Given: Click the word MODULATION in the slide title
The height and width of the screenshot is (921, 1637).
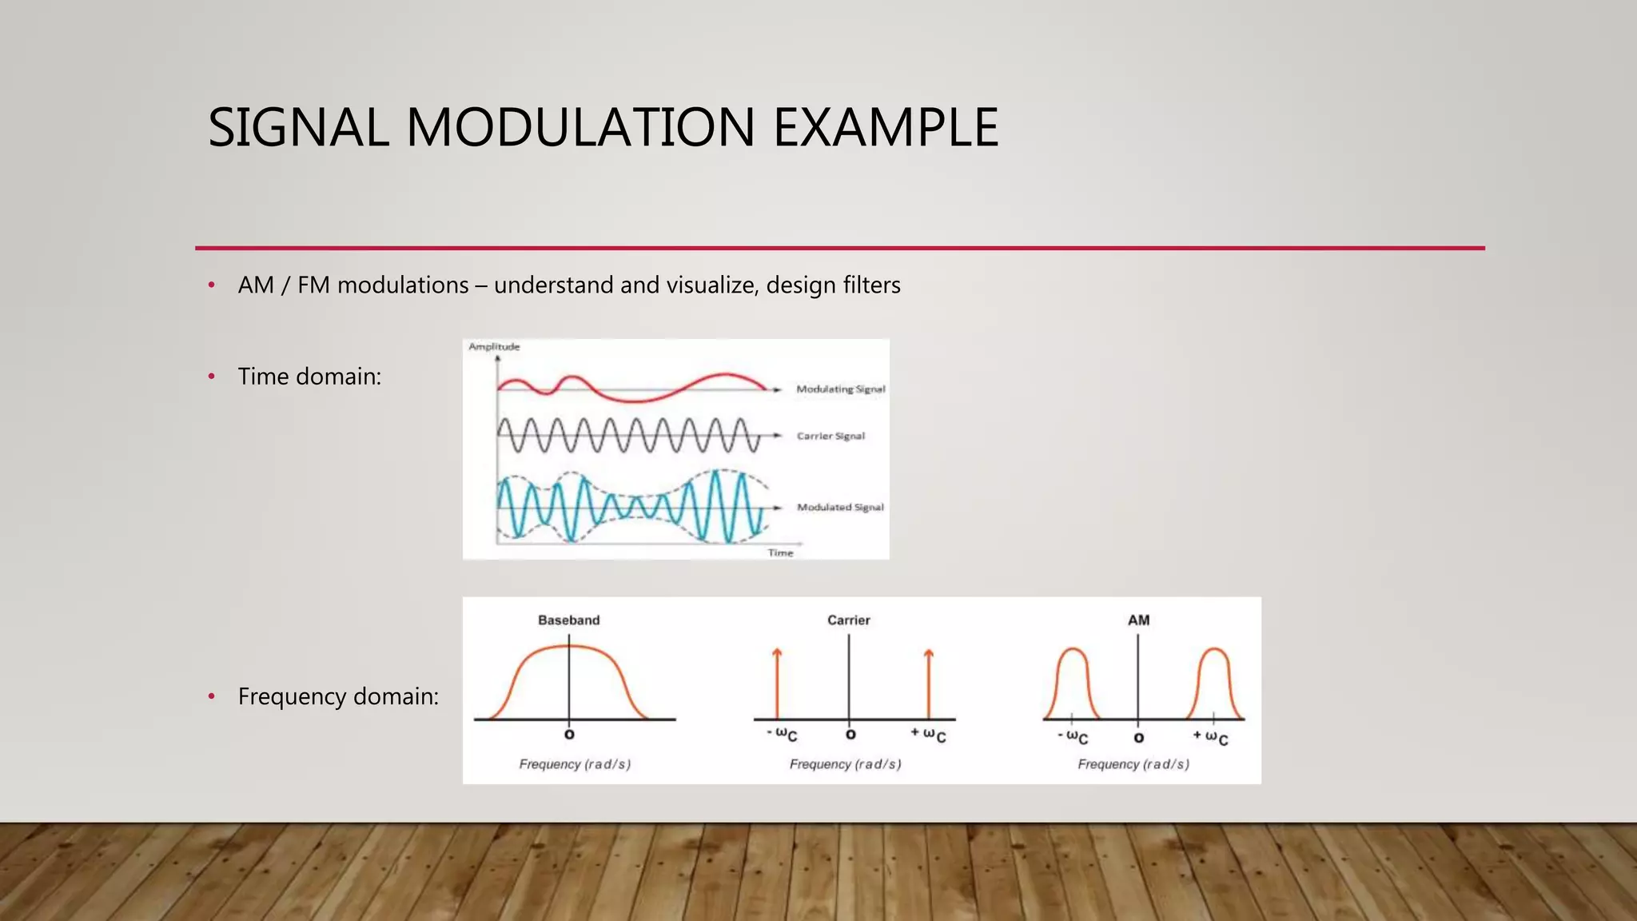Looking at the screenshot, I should pyautogui.click(x=580, y=128).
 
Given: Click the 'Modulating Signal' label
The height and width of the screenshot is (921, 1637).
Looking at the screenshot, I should pyautogui.click(x=840, y=389).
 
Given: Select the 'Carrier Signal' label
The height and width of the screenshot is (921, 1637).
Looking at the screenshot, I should pyautogui.click(x=830, y=436).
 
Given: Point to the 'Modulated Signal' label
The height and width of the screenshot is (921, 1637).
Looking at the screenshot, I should pyautogui.click(x=840, y=507).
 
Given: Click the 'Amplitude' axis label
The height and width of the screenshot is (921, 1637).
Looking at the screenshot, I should pyautogui.click(x=494, y=347).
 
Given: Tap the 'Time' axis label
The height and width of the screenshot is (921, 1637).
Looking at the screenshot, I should pyautogui.click(x=780, y=552).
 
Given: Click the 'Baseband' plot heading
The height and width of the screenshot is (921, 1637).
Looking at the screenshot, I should pyautogui.click(x=568, y=620).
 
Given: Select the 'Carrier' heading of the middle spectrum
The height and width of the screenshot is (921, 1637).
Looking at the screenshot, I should pyautogui.click(x=848, y=620).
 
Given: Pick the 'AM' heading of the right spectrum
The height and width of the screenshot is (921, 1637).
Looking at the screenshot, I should pyautogui.click(x=1138, y=620).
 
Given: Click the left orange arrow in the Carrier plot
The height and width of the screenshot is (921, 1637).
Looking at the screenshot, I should pyautogui.click(x=777, y=684).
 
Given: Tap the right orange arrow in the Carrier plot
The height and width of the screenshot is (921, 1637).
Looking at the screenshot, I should pyautogui.click(x=928, y=684).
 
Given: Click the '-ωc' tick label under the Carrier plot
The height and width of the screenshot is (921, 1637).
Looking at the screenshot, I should pyautogui.click(x=782, y=734).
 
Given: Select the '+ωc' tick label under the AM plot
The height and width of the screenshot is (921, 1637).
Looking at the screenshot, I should pyautogui.click(x=1210, y=736).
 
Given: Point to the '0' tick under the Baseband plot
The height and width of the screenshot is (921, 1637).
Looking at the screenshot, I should pyautogui.click(x=569, y=734).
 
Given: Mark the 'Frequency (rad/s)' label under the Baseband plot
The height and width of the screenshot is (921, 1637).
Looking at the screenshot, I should pyautogui.click(x=575, y=764).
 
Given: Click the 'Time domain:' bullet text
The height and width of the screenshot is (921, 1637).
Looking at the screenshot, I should pyautogui.click(x=309, y=377).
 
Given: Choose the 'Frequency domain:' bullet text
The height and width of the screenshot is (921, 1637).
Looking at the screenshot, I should pyautogui.click(x=338, y=696).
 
